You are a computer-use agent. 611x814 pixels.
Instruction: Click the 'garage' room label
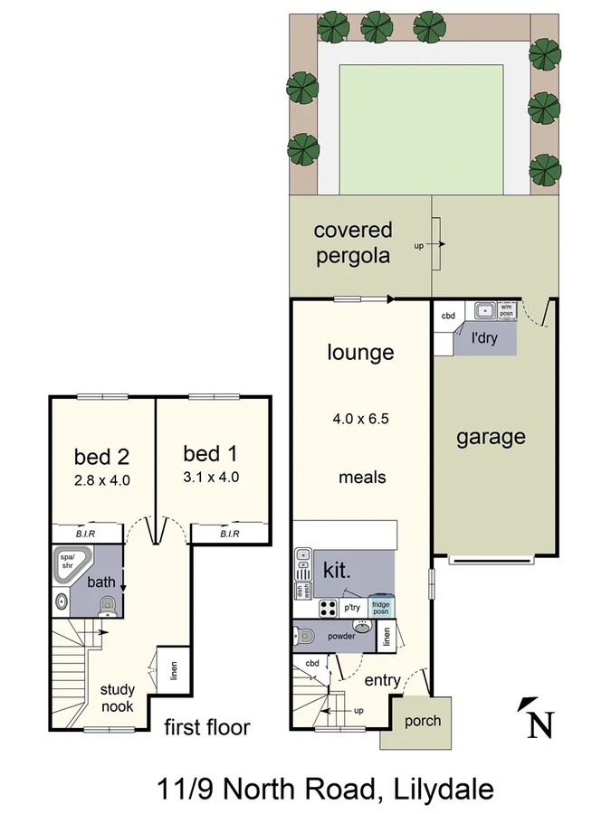pyautogui.click(x=490, y=438)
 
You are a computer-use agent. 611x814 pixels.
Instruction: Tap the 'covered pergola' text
pyautogui.click(x=352, y=243)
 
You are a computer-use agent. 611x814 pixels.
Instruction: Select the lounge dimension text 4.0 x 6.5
pyautogui.click(x=360, y=419)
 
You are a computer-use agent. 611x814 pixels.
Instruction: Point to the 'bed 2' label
pyautogui.click(x=101, y=456)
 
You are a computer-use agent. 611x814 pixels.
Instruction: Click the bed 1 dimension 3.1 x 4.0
pyautogui.click(x=210, y=478)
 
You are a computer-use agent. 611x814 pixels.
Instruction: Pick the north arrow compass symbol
pyautogui.click(x=536, y=719)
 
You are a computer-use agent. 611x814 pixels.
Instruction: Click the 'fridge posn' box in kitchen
pyautogui.click(x=380, y=608)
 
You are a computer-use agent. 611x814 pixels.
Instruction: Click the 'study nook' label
pyautogui.click(x=118, y=698)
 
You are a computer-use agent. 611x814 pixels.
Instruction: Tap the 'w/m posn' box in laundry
pyautogui.click(x=506, y=309)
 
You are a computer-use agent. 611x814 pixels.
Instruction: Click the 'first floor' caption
pyautogui.click(x=206, y=727)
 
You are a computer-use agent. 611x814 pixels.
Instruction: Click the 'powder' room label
pyautogui.click(x=334, y=636)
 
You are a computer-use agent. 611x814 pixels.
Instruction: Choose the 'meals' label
pyautogui.click(x=362, y=477)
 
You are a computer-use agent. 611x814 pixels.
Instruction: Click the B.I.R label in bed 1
pyautogui.click(x=229, y=535)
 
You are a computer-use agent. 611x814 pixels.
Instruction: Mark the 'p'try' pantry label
pyautogui.click(x=352, y=608)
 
